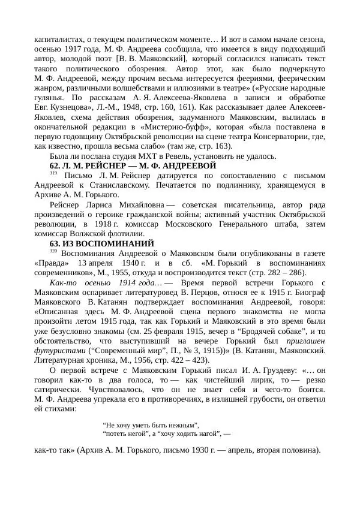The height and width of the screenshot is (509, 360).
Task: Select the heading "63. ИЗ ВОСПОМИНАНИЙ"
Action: tap(101, 243)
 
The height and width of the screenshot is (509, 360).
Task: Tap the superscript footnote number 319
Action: tap(53, 173)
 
